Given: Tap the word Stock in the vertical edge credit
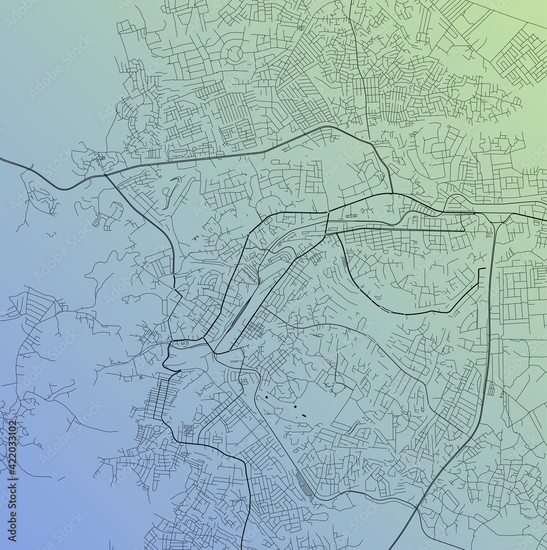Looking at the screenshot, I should pyautogui.click(x=12, y=485).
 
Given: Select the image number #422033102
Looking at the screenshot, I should pyautogui.click(x=12, y=446).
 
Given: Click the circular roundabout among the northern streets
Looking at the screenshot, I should pyautogui.click(x=234, y=53).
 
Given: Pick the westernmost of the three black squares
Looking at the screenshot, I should pyautogui.click(x=266, y=396).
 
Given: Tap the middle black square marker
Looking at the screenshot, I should pyautogui.click(x=294, y=406).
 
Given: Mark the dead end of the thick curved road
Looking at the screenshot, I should pyautogui.click(x=484, y=269).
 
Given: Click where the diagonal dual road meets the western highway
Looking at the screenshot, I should pyautogui.click(x=105, y=175).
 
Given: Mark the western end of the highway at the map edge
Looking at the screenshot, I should pyautogui.click(x=2, y=159).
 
